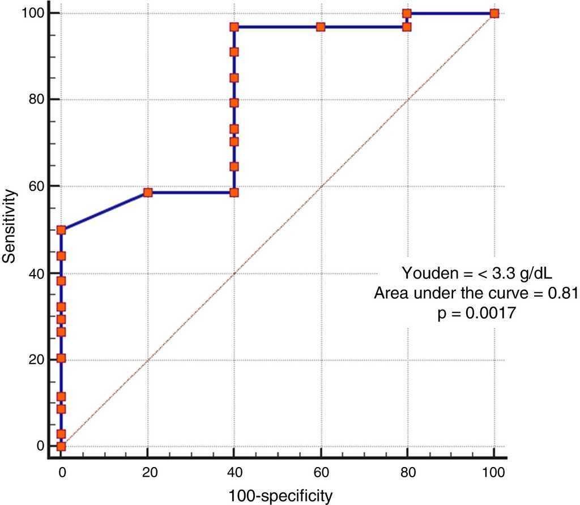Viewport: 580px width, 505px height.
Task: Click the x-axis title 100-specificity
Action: coord(280,496)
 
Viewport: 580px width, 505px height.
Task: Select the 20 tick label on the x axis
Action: coord(147,471)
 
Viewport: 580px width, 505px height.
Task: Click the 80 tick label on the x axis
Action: coord(407,471)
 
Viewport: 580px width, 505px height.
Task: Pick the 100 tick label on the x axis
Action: coord(493,471)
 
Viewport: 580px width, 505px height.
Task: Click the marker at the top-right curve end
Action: coord(494,13)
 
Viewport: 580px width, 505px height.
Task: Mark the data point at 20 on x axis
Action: coord(148,192)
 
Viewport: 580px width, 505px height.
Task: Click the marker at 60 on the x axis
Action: coord(321,27)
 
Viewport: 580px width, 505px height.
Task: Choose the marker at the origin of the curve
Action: coord(61,446)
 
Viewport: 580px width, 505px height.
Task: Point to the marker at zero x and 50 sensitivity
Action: coord(61,230)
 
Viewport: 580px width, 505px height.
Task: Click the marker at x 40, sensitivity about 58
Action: coord(234,192)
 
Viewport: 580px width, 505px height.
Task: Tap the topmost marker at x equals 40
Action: coord(234,27)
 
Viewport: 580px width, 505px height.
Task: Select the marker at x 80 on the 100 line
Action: coord(407,13)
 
